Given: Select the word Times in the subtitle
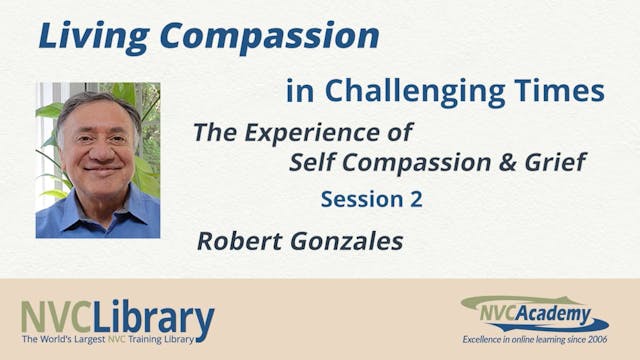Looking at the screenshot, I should click(x=568, y=92).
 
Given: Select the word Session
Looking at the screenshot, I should click(x=360, y=199).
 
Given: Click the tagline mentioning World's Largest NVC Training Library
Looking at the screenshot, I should click(x=117, y=342).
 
